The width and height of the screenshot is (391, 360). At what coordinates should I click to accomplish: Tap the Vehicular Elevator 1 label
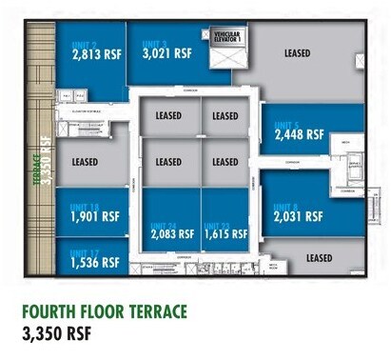pyautogui.click(x=227, y=38)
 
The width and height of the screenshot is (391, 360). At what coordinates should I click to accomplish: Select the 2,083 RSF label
pyautogui.click(x=170, y=233)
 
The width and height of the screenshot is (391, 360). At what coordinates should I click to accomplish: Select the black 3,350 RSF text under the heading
pyautogui.click(x=61, y=334)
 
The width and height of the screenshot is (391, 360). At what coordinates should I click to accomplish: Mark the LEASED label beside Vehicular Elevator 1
pyautogui.click(x=298, y=53)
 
